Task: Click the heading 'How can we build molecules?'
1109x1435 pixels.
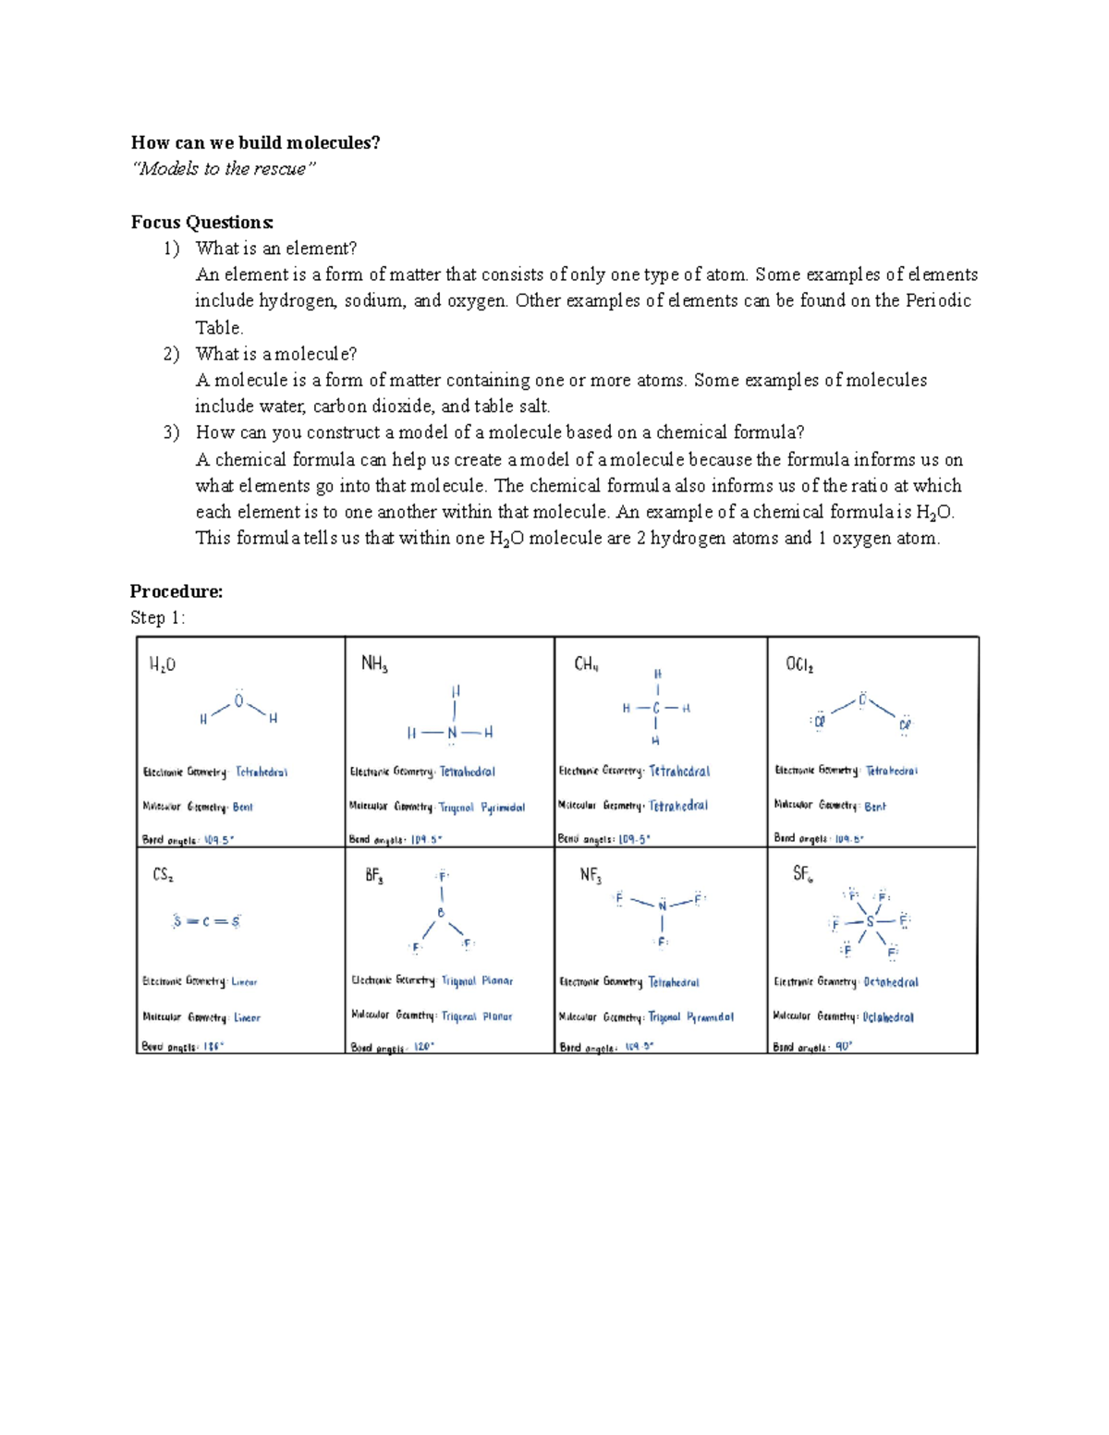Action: [255, 142]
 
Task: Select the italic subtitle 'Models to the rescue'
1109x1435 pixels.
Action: [224, 168]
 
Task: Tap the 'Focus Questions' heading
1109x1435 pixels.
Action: [201, 222]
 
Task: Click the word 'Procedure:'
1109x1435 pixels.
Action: [177, 591]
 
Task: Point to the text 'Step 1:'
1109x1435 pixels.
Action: [157, 617]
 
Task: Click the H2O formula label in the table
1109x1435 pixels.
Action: [162, 664]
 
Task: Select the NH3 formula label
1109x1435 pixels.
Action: [373, 663]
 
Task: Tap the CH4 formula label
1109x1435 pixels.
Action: [586, 664]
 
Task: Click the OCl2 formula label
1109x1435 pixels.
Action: [799, 664]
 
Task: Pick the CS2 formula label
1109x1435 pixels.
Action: [163, 874]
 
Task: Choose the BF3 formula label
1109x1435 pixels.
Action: [373, 875]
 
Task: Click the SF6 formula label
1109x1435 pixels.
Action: [802, 873]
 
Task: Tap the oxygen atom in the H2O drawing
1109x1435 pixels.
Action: [238, 701]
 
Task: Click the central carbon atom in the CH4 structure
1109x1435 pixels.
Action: [656, 709]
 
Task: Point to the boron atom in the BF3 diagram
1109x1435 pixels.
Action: [441, 913]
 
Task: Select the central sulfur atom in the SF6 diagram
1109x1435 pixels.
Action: [870, 921]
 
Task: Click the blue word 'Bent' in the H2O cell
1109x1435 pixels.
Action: [242, 807]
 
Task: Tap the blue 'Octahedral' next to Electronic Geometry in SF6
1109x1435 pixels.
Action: [891, 982]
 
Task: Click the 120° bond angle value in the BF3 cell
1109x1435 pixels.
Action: [423, 1047]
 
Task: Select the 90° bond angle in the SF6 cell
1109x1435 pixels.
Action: [843, 1047]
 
